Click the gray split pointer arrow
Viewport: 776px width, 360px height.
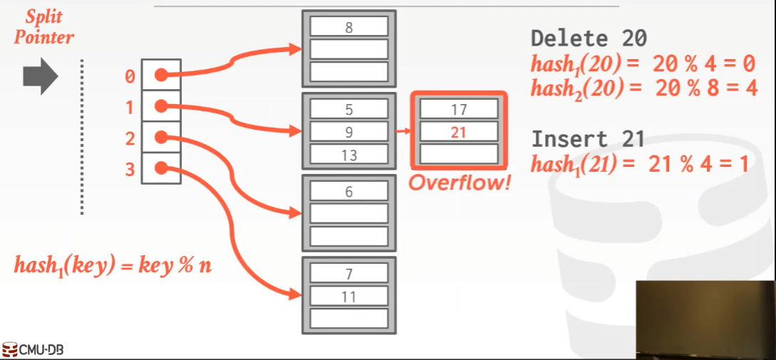click(x=39, y=76)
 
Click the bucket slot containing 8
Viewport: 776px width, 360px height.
click(x=348, y=28)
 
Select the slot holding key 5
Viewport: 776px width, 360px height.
click(x=348, y=110)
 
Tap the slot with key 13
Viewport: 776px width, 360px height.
click(x=348, y=155)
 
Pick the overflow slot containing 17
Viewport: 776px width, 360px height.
click(x=459, y=110)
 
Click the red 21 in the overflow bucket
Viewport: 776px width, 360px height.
click(x=459, y=132)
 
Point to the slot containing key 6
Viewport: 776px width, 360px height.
click(x=348, y=192)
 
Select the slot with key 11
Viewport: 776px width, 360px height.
click(x=348, y=296)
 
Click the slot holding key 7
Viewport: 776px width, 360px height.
click(x=348, y=273)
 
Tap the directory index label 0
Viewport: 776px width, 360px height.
click(x=129, y=76)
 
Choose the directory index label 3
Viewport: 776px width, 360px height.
click(x=129, y=169)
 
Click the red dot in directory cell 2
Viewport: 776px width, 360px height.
click(x=161, y=138)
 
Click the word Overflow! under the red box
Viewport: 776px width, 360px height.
click(x=460, y=182)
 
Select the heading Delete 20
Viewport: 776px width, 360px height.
click(x=588, y=38)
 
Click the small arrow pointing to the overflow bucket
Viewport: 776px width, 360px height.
click(x=403, y=132)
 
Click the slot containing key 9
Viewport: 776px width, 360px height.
click(x=348, y=132)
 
